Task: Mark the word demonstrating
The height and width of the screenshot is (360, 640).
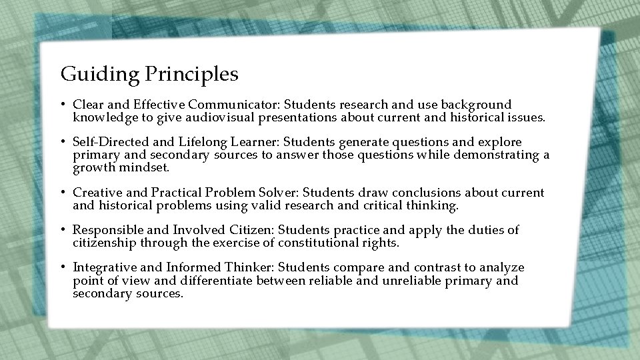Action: click(x=497, y=155)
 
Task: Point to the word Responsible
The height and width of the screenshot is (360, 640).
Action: click(x=106, y=230)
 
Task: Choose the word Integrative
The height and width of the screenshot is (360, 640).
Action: click(x=103, y=267)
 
